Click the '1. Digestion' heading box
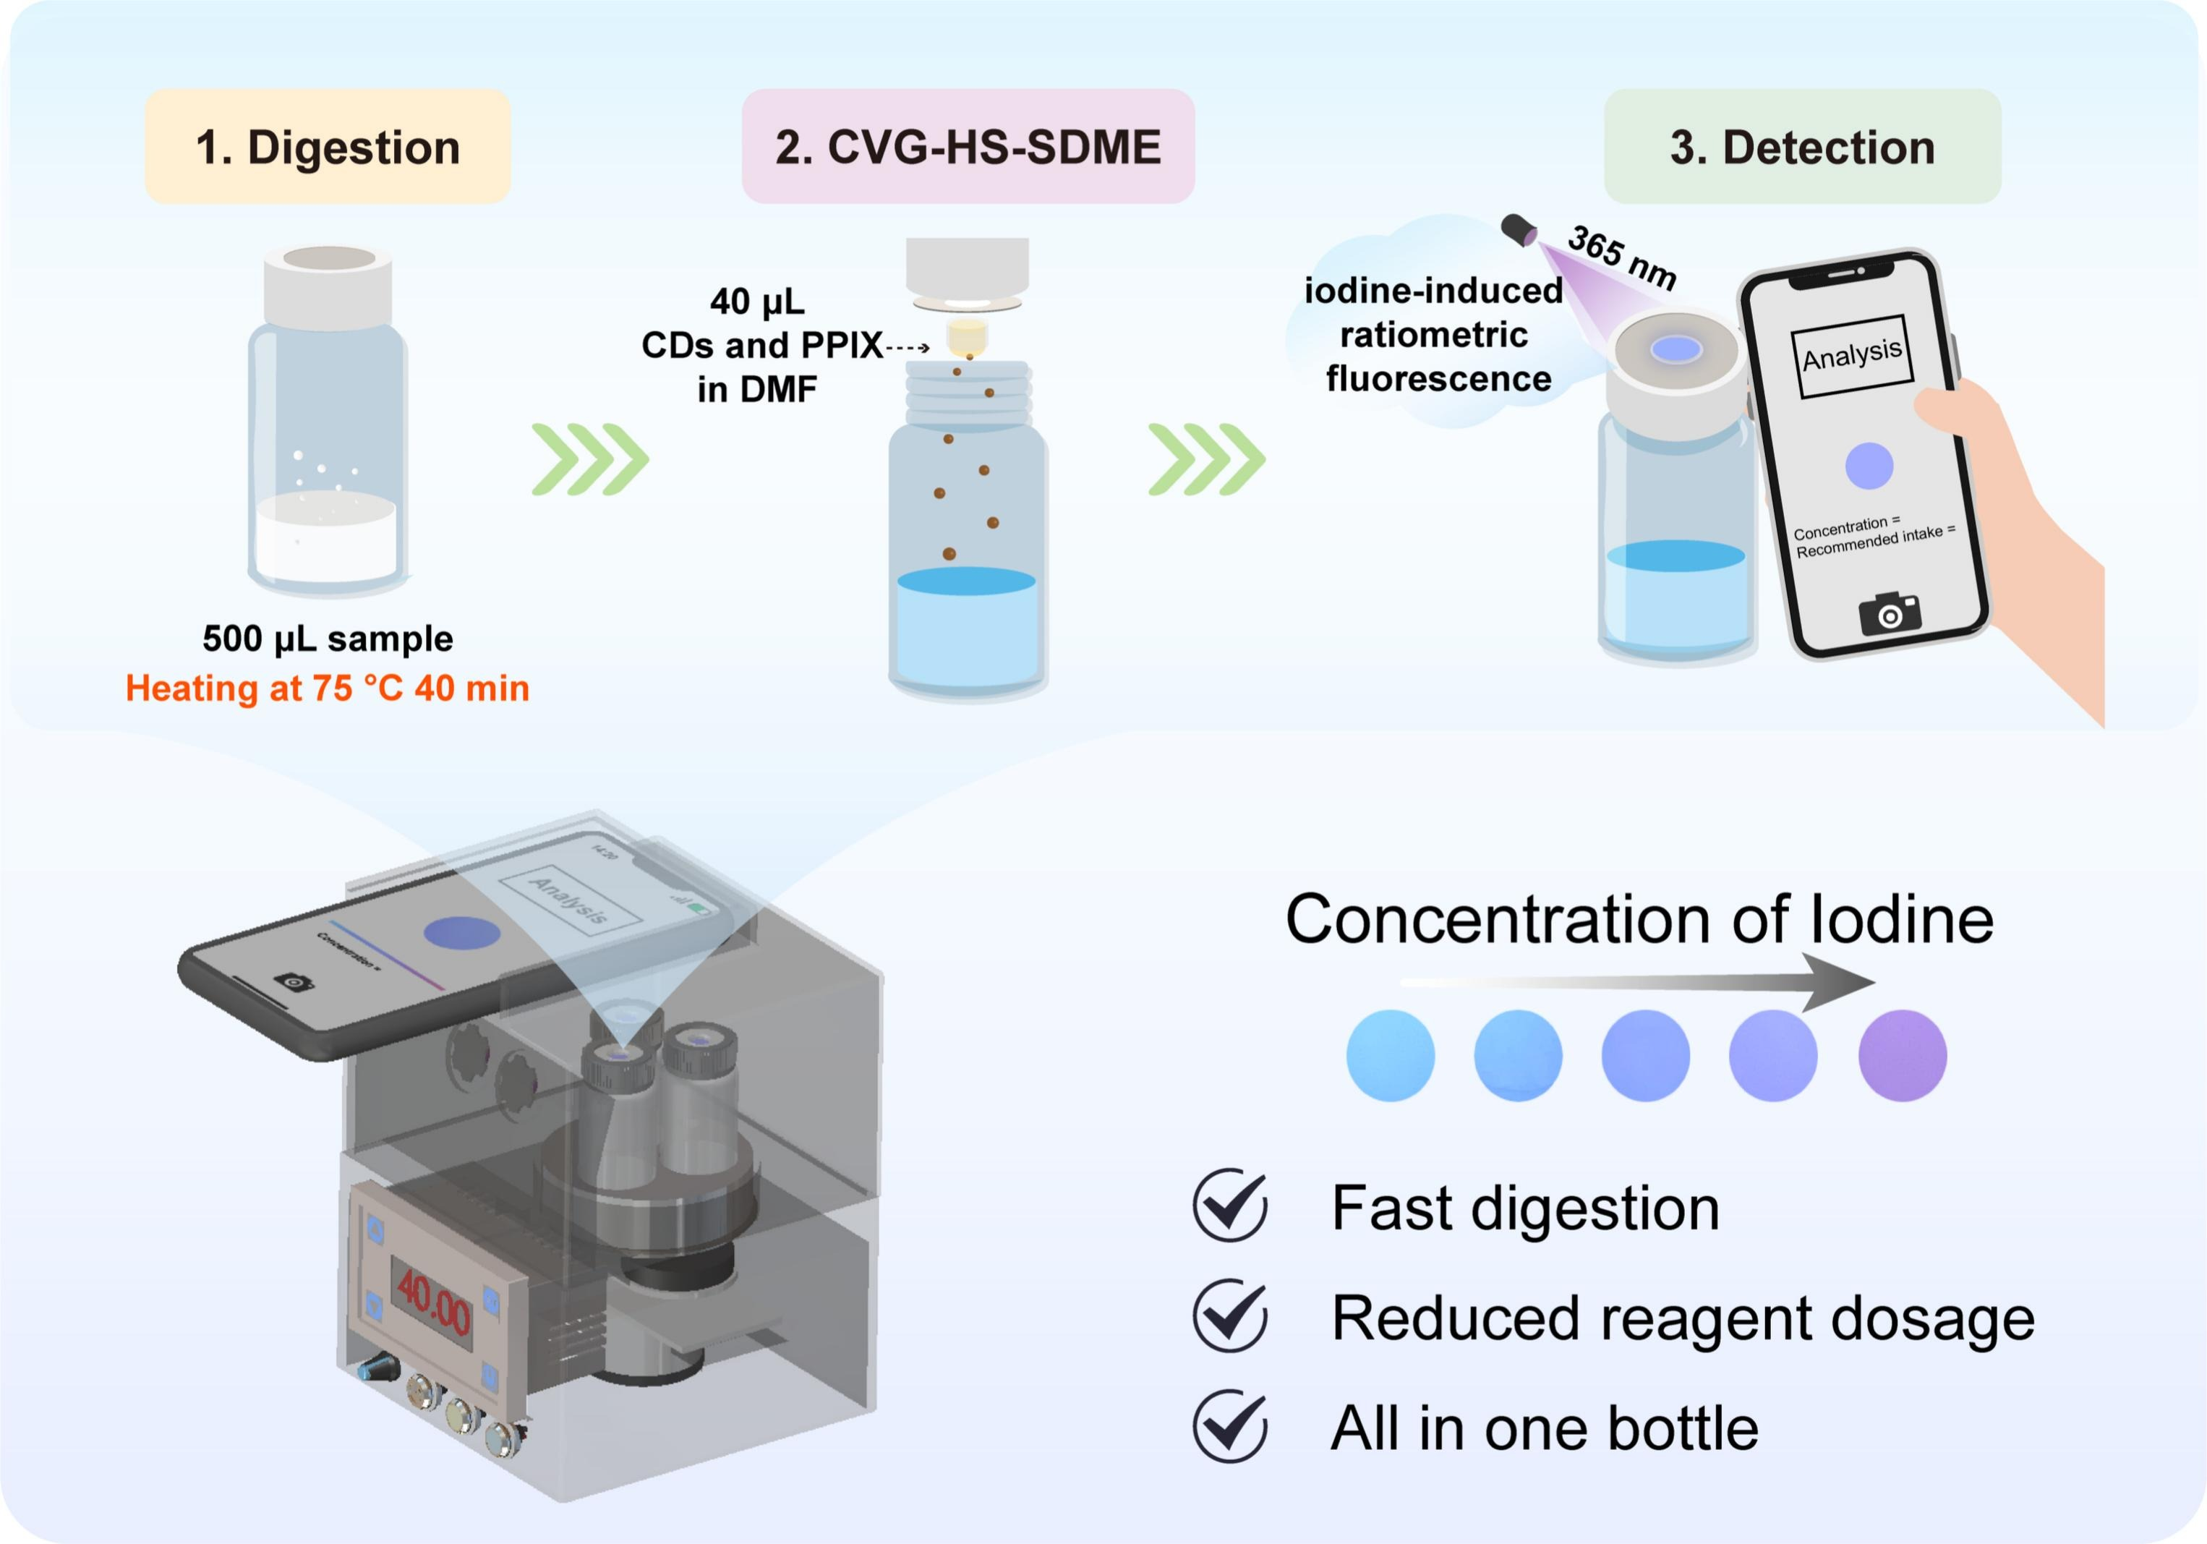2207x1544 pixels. coord(327,147)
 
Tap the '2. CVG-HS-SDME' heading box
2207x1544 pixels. coord(968,147)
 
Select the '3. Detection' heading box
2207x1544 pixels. coord(1802,147)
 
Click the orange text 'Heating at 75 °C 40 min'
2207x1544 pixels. coord(327,688)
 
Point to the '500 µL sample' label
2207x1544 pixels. coord(327,639)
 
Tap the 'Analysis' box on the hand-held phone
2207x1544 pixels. coord(1851,356)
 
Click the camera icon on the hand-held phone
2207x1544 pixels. coord(1889,613)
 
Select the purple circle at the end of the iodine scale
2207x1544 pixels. coord(1903,1056)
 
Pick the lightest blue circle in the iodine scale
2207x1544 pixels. coord(1390,1056)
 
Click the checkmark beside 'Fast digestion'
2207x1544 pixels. coord(1229,1206)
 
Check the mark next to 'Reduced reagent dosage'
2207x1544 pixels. coord(1229,1315)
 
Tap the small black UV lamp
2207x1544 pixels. coord(1519,230)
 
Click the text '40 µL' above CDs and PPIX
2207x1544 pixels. coord(757,302)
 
